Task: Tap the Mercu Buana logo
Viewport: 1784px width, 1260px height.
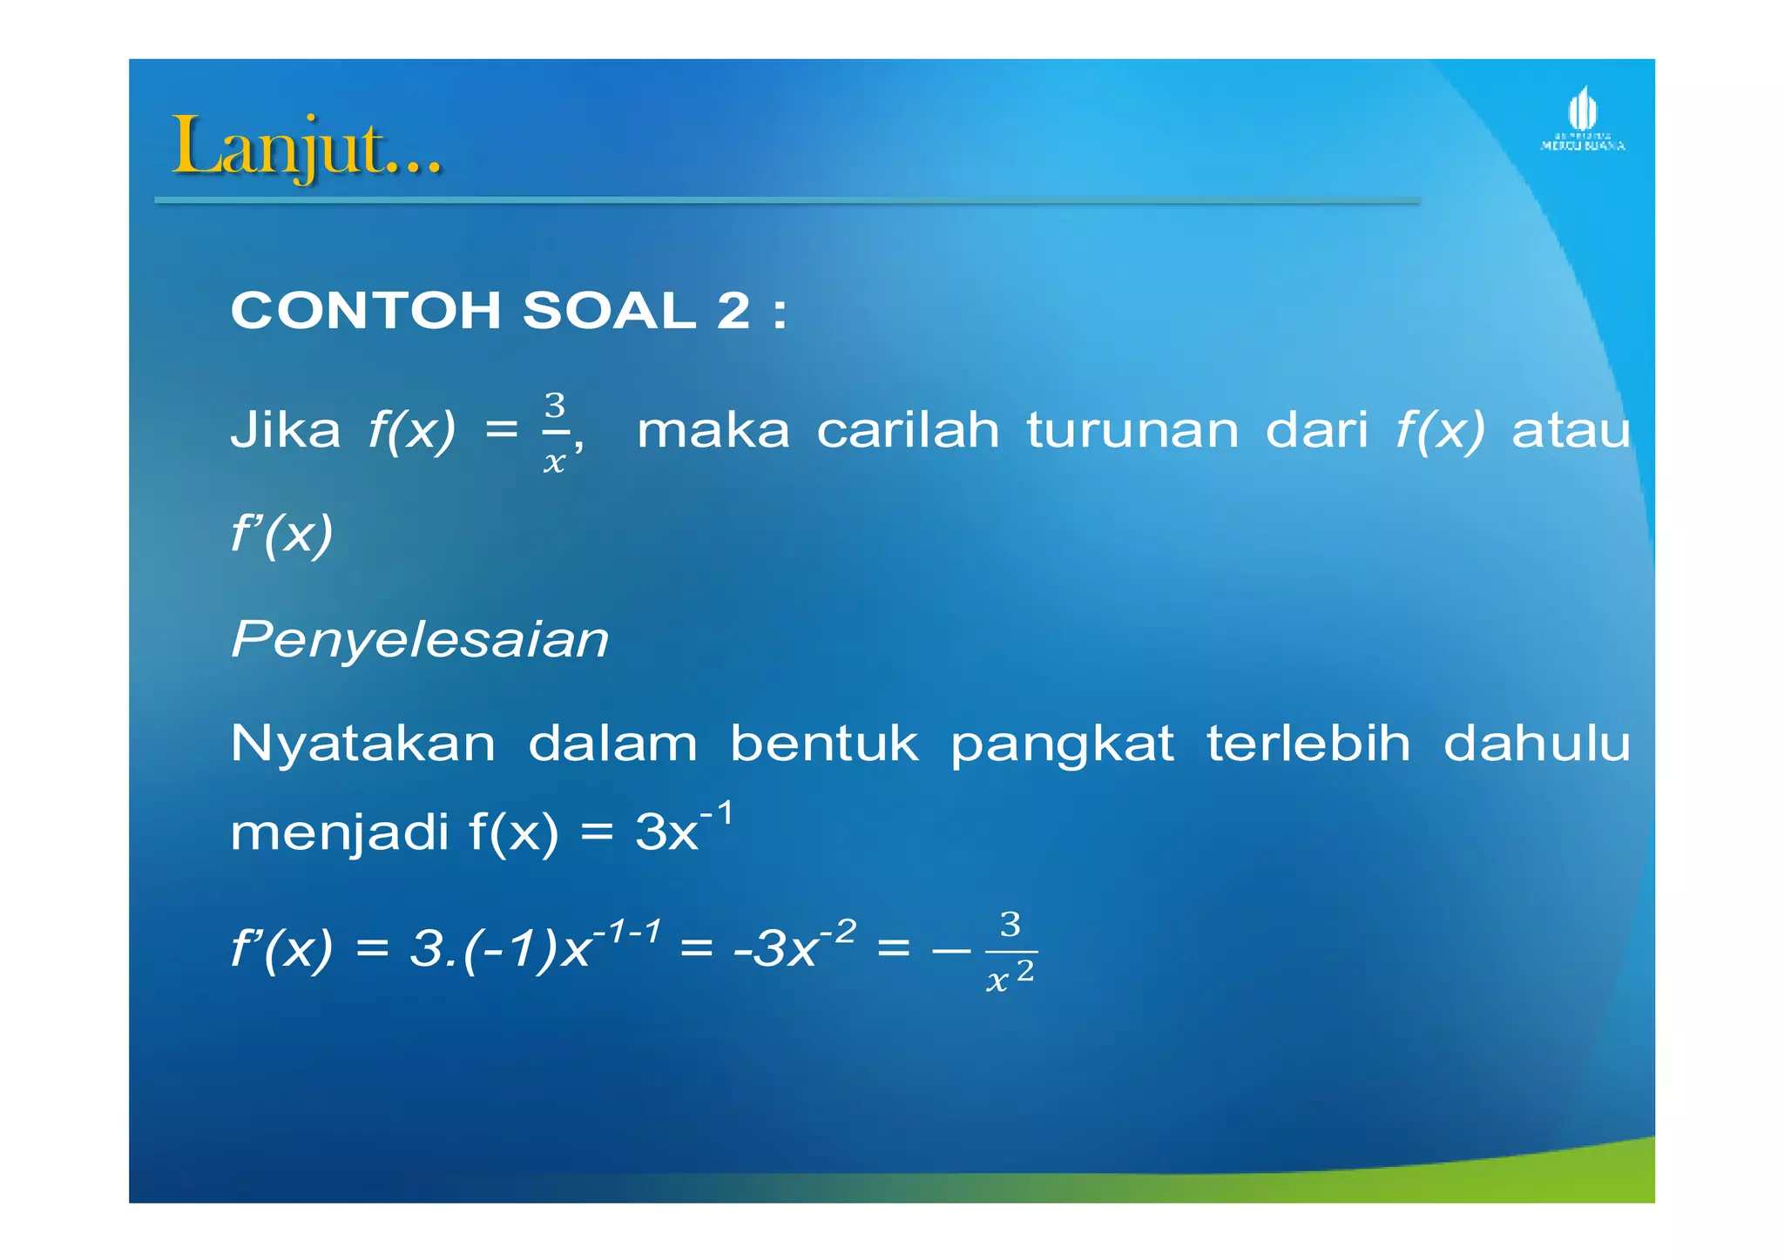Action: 1582,121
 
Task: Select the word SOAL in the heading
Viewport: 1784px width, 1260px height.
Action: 609,311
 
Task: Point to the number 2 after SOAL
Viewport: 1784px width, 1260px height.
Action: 733,311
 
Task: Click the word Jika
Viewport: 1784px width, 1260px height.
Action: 285,430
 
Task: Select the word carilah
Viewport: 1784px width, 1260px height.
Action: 908,430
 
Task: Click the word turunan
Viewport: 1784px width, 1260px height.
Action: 1132,430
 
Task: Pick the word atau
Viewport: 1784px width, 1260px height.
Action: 1570,430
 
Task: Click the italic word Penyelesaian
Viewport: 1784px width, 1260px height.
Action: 420,640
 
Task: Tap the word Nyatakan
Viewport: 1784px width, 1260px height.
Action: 362,745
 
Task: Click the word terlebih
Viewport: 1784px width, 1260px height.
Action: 1308,745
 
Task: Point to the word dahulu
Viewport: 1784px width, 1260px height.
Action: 1537,745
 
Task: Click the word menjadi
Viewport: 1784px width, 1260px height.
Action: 340,833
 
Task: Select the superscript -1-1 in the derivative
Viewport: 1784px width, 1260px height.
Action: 626,933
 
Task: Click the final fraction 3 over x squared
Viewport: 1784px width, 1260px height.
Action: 1010,952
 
